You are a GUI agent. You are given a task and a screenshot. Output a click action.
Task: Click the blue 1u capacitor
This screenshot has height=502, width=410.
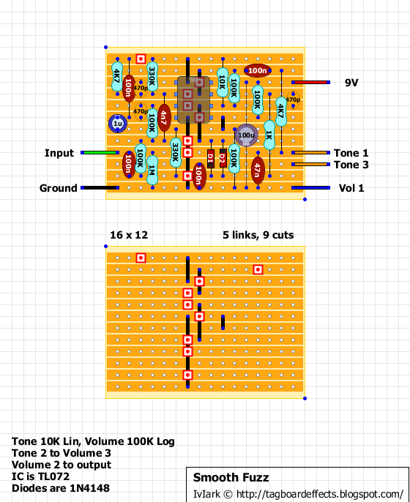click(116, 124)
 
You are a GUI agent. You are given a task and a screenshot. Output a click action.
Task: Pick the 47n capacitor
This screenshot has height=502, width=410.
click(258, 170)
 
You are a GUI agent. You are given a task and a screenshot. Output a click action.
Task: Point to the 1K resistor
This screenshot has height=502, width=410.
click(269, 135)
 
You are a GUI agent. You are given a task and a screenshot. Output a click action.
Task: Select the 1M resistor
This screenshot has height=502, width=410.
click(152, 170)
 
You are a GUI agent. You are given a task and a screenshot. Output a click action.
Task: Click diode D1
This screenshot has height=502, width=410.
click(211, 158)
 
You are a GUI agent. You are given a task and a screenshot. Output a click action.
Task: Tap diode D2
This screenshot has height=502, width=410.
click(223, 158)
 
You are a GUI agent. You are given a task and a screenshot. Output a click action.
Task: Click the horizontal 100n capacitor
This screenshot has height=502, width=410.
click(257, 70)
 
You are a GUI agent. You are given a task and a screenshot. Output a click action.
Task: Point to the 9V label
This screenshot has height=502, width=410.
click(352, 83)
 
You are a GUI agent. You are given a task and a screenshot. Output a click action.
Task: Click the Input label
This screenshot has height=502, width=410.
click(59, 153)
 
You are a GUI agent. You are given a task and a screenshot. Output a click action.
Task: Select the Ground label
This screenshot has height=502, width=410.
click(58, 188)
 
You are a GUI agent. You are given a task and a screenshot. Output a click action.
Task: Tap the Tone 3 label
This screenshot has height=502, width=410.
click(351, 165)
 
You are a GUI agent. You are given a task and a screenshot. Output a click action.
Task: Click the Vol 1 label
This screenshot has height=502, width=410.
click(351, 188)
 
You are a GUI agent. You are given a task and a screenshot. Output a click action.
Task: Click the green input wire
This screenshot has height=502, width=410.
click(101, 153)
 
